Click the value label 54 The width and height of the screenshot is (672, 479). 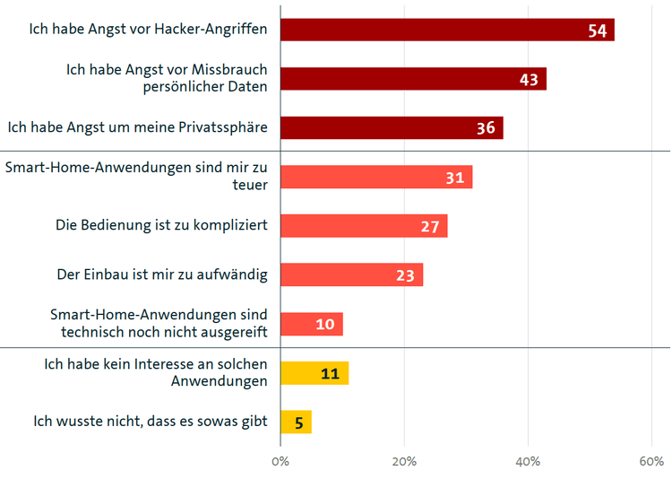point(598,30)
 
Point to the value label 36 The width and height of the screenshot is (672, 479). point(486,128)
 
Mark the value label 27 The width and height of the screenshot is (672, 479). point(430,227)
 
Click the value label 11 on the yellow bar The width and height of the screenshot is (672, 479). point(330,374)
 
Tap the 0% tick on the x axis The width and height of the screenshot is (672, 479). point(280,461)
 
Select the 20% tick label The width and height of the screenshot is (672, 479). point(404,461)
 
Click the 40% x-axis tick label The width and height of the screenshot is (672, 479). point(528,461)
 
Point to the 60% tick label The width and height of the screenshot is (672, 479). point(651,461)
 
